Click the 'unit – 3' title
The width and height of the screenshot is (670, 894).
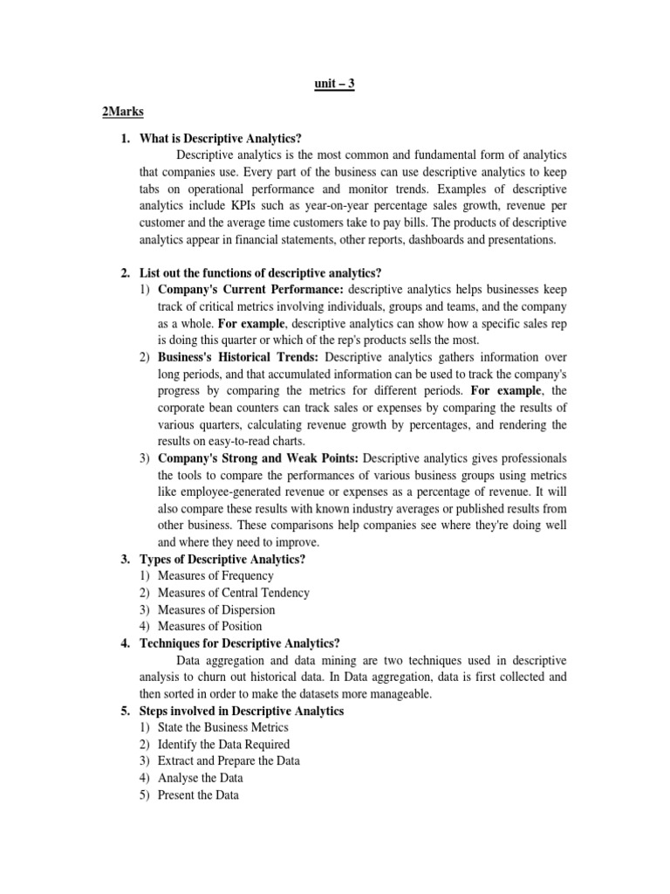pyautogui.click(x=334, y=84)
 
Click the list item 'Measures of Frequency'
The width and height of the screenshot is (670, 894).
pyautogui.click(x=215, y=576)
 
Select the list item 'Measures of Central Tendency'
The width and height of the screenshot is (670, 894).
pyautogui.click(x=234, y=593)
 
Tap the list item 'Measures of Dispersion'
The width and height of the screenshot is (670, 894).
pyautogui.click(x=216, y=609)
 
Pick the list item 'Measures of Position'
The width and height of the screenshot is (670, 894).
pyautogui.click(x=209, y=626)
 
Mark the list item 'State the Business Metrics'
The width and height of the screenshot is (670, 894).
pyautogui.click(x=222, y=727)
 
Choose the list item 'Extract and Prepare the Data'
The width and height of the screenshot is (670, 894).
pyautogui.click(x=229, y=760)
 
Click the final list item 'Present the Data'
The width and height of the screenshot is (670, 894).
pyautogui.click(x=198, y=794)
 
